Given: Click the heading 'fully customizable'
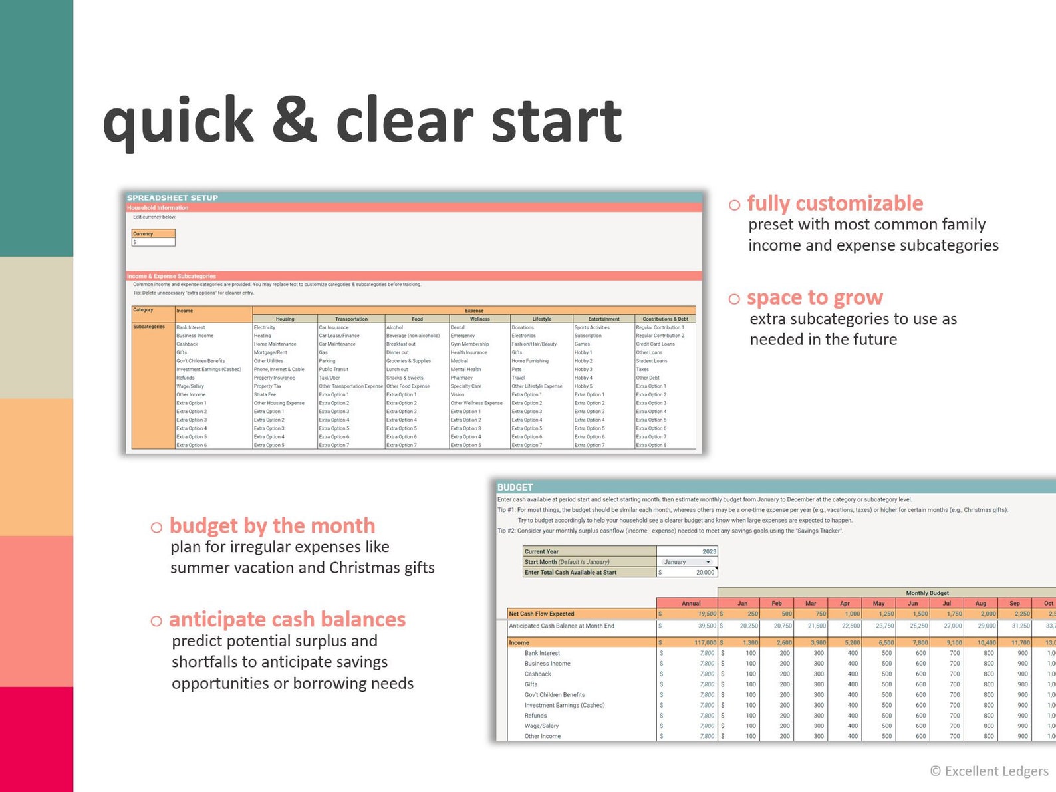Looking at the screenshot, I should coord(835,203).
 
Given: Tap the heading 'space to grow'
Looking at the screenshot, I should coord(815,297).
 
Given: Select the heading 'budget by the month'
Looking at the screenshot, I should coord(272,526).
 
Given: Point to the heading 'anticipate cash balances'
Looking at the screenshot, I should coord(287,620).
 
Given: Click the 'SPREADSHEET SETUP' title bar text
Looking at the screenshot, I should coord(172,198).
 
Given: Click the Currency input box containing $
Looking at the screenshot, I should coord(154,242).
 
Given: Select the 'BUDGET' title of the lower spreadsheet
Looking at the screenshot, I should coord(515,487).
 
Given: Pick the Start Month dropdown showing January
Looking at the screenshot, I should coord(686,562).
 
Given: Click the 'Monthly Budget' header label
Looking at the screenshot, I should coord(927,593).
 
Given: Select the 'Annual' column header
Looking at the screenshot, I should coord(691,603).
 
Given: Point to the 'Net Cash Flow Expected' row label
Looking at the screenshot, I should coord(541,614).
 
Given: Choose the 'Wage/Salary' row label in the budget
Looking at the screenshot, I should coord(541,726).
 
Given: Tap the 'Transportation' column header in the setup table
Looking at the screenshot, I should coord(351,319).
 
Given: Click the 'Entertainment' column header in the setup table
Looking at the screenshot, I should coord(603,319).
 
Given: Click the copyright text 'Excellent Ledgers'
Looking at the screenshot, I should coord(995,771).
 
